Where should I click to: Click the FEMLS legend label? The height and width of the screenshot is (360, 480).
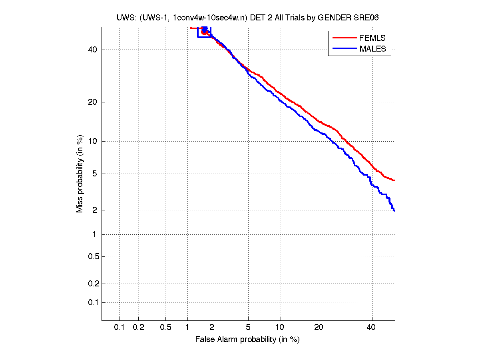(x=372, y=38)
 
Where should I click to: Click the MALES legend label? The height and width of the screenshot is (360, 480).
(x=372, y=49)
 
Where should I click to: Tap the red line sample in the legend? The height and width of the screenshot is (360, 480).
(x=344, y=38)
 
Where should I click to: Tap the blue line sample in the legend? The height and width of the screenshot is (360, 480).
(x=344, y=49)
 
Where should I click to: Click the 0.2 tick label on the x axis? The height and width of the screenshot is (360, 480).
(x=138, y=328)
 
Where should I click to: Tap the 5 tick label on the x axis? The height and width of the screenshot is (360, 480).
(x=248, y=328)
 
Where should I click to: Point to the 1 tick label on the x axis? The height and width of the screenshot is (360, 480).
(x=187, y=328)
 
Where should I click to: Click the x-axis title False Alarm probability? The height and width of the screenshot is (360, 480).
(x=247, y=340)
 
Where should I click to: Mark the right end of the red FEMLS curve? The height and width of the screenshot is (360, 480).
(x=394, y=180)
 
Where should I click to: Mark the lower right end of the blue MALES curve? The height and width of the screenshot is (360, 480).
(x=394, y=210)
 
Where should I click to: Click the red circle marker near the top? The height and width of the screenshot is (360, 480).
(x=204, y=32)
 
